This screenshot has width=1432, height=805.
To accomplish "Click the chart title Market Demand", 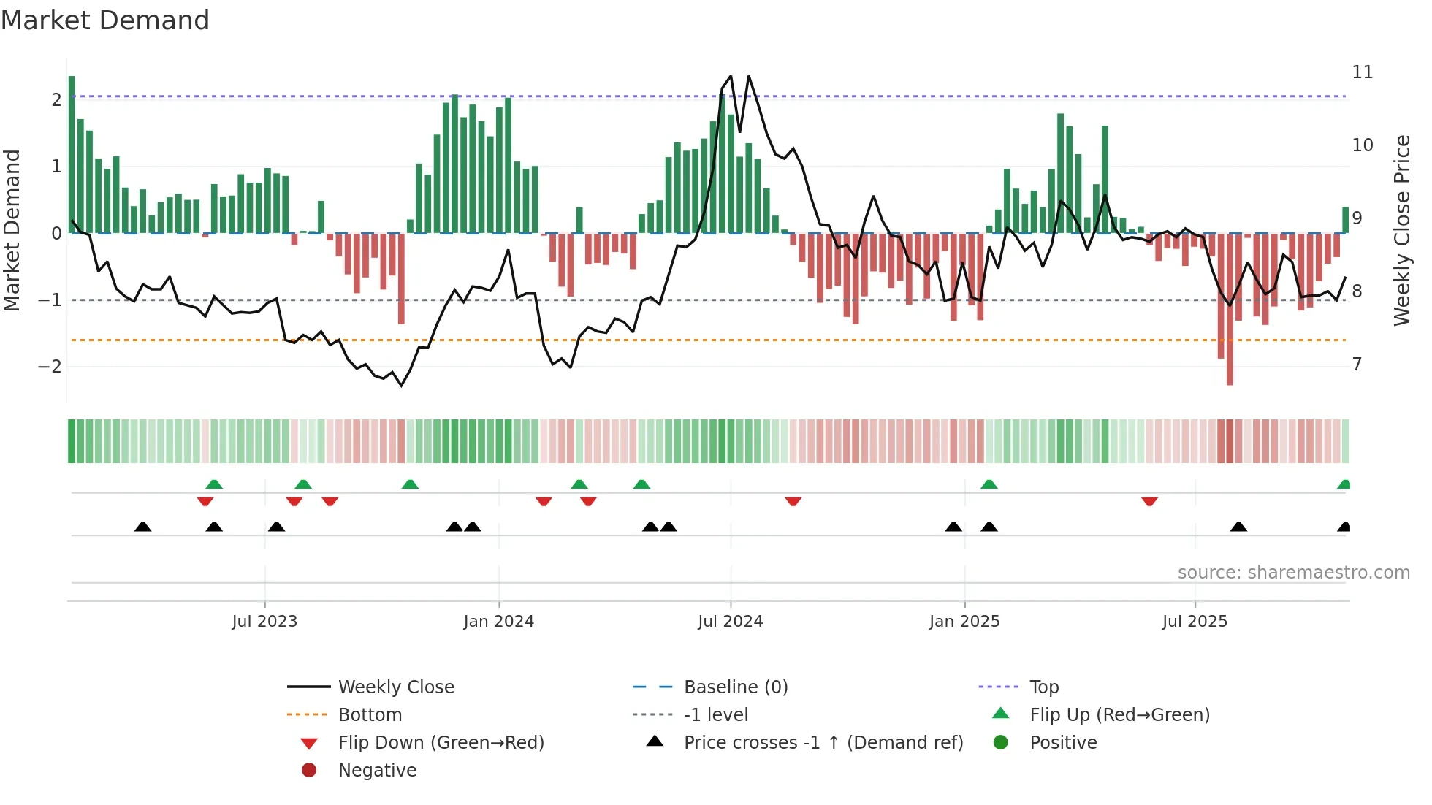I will (105, 20).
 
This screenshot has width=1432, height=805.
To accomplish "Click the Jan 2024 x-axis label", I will (498, 622).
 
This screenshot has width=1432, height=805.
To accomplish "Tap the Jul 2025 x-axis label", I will (1195, 622).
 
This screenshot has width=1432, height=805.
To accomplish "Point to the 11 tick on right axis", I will (1362, 72).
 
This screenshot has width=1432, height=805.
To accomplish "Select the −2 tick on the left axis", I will (50, 367).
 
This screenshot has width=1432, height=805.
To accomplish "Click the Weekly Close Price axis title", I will (1401, 230).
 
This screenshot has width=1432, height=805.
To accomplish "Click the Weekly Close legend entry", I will (395, 687).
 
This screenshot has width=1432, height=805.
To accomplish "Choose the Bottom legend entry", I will (370, 715).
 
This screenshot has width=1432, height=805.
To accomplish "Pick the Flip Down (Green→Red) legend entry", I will (441, 743).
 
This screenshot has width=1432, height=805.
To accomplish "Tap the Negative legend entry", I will (377, 771).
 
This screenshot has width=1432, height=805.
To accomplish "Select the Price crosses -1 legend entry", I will (823, 743).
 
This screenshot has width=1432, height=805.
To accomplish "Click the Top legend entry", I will (1043, 687).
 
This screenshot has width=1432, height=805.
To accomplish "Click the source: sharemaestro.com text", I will (1293, 573).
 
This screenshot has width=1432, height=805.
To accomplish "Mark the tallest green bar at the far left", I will (72, 153).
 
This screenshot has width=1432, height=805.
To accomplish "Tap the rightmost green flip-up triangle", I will (1344, 484).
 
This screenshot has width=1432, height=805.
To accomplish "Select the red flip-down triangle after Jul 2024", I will (793, 501).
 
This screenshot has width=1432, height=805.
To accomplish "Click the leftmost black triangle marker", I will (143, 527).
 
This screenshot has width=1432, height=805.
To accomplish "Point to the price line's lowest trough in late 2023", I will (401, 385).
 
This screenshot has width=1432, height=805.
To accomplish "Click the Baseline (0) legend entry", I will (735, 687).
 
